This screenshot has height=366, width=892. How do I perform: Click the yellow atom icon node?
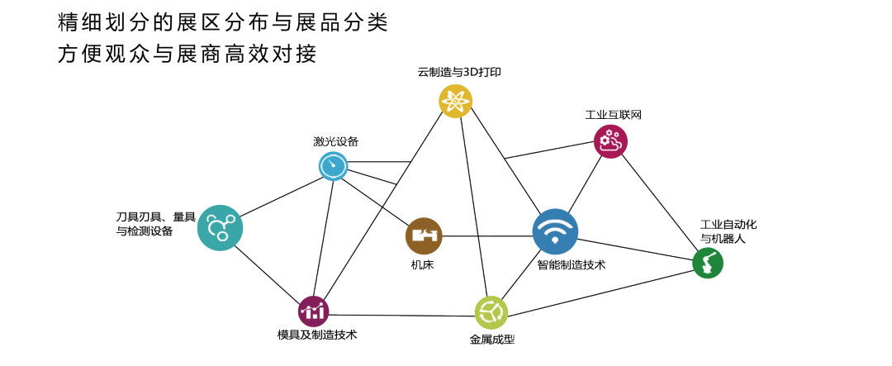(x=455, y=101)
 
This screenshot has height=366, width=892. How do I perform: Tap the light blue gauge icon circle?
(x=334, y=167)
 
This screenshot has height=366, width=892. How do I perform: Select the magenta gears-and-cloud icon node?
(x=610, y=141)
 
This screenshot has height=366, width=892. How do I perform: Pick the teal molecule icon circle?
(x=220, y=227)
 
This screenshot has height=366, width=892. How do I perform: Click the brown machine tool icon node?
(x=424, y=235)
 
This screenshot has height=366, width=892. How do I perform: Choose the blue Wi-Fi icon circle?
(x=555, y=231)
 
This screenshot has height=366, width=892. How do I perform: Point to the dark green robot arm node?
(x=707, y=264)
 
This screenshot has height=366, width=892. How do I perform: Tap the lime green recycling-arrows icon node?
(x=491, y=312)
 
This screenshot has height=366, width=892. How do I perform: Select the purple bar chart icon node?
(x=314, y=311)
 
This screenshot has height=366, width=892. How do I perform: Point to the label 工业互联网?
(x=612, y=114)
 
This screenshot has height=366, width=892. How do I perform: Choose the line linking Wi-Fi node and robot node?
(x=636, y=249)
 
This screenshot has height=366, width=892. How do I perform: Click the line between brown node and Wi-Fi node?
(x=487, y=237)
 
